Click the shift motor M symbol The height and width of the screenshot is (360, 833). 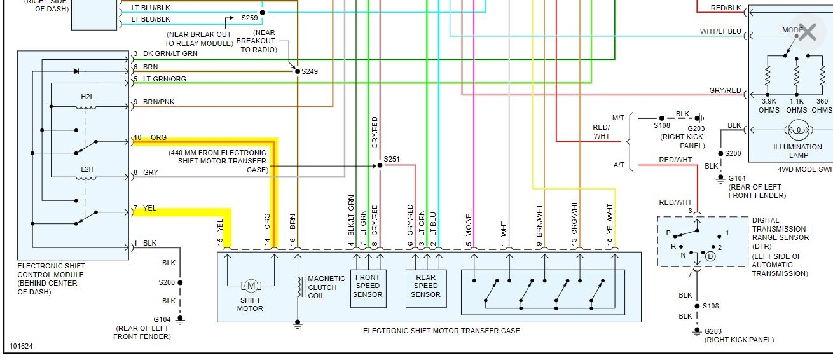click(251, 286)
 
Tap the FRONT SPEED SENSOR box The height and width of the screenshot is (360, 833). click(368, 286)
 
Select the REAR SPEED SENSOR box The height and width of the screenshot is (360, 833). click(425, 286)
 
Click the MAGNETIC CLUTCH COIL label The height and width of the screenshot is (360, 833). click(326, 287)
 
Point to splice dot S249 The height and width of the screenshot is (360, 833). click(296, 71)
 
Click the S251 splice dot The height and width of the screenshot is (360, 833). click(380, 165)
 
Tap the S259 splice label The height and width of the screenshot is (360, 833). click(249, 18)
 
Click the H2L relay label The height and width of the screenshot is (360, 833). click(87, 97)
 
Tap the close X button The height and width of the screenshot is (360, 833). click(807, 32)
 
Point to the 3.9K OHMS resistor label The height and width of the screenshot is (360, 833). click(769, 106)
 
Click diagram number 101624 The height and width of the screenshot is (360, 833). click(21, 347)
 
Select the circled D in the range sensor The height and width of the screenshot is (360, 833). click(710, 256)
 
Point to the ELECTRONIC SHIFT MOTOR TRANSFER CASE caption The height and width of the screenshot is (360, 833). click(441, 331)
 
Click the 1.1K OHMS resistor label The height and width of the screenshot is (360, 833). click(797, 106)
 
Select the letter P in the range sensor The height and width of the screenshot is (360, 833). click(668, 233)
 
